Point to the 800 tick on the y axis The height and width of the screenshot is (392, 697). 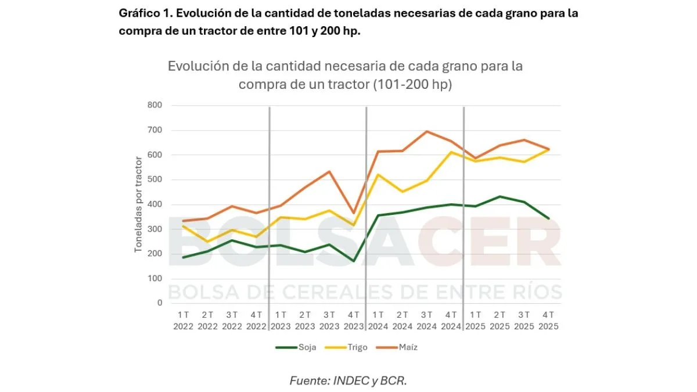click(155, 105)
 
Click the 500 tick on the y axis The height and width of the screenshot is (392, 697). click(155, 179)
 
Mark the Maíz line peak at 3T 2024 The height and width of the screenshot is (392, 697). click(427, 131)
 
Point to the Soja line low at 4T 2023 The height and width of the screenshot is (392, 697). click(354, 261)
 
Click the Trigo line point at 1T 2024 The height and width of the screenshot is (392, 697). click(378, 174)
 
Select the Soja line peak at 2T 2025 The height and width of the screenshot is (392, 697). click(500, 196)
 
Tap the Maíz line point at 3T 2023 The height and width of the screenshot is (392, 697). click(329, 171)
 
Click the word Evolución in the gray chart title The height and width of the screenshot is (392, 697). click(195, 66)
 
